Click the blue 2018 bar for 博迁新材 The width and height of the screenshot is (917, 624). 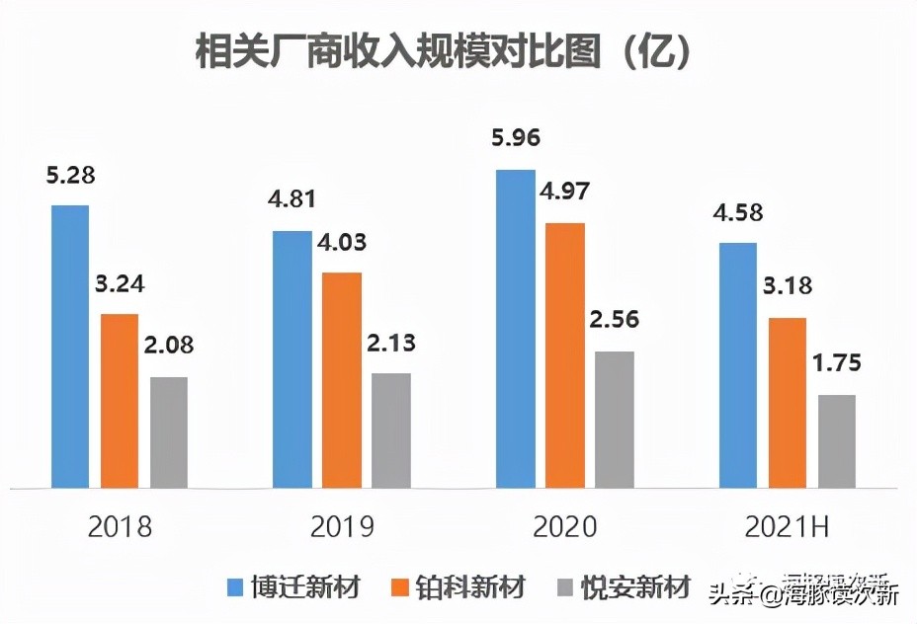click(x=70, y=347)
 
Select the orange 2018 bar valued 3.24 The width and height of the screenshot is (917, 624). click(x=120, y=401)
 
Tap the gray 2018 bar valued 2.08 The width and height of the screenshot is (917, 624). click(x=169, y=432)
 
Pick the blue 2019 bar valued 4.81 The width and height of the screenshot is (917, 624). click(x=292, y=359)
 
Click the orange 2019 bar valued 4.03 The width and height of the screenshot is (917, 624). click(x=342, y=380)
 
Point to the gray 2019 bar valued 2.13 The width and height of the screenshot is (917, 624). click(x=391, y=430)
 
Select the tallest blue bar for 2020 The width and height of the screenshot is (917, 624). click(x=515, y=329)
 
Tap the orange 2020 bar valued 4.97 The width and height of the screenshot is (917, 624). click(x=565, y=355)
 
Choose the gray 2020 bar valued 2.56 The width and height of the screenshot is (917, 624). click(x=615, y=420)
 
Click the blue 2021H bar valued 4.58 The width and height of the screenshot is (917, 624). click(x=738, y=365)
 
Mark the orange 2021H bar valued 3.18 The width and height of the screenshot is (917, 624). click(x=788, y=403)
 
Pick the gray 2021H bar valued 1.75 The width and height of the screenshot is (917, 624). click(x=837, y=441)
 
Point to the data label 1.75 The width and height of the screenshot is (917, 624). click(x=837, y=362)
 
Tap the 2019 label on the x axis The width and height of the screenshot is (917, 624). click(x=342, y=526)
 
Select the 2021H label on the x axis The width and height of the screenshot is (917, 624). click(x=788, y=526)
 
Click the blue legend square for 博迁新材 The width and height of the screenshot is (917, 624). click(x=234, y=588)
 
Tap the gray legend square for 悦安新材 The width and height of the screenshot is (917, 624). click(x=566, y=588)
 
